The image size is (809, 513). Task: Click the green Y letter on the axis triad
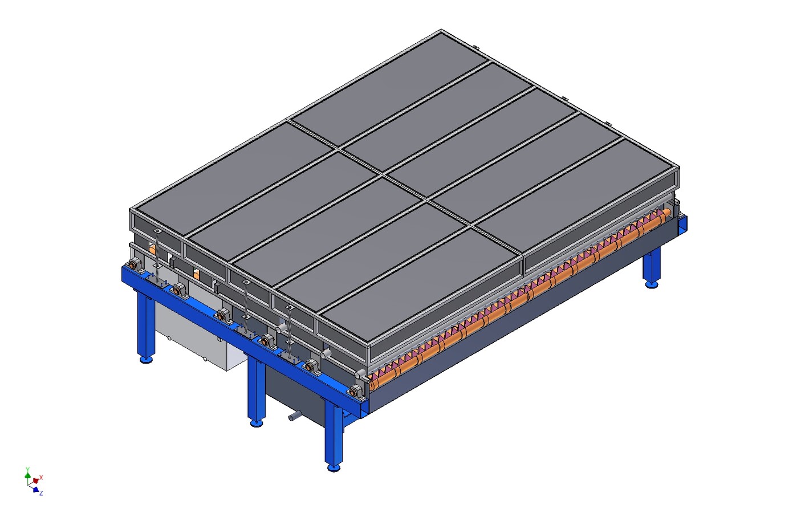(x=27, y=469)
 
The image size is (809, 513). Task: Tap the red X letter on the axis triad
(x=41, y=477)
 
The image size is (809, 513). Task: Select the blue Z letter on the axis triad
(x=41, y=493)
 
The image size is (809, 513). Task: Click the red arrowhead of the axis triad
(x=35, y=481)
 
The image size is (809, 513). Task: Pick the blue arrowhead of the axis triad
(x=35, y=490)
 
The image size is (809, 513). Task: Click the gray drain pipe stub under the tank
(x=294, y=416)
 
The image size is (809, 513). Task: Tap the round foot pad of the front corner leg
(x=334, y=468)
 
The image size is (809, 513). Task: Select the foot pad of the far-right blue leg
(x=652, y=285)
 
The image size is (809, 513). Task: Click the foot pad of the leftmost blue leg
(x=146, y=360)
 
